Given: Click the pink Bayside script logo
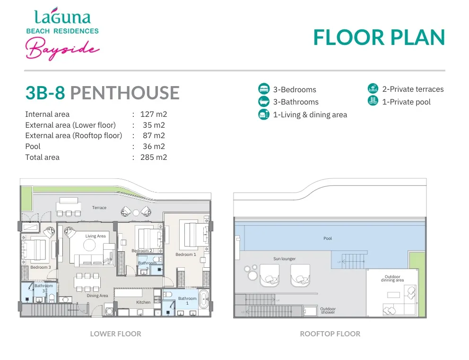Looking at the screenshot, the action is (62, 48).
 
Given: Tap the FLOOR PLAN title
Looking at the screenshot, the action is (379, 38).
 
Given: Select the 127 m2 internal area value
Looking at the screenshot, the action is (154, 114).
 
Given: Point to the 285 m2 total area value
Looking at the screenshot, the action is (154, 158).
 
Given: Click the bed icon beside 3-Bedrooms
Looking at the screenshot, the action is (264, 89).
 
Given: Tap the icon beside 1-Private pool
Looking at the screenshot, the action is (373, 101).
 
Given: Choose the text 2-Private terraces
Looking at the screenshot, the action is (413, 89).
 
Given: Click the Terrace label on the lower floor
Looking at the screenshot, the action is (99, 208).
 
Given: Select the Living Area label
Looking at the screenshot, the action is (96, 236).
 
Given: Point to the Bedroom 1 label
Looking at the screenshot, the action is (186, 255).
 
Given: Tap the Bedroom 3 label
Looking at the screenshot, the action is (41, 267).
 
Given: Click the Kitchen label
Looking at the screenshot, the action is (143, 302).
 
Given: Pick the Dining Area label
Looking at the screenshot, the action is (97, 296).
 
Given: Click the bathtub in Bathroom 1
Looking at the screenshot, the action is (204, 299).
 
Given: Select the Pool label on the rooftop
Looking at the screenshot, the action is (328, 238).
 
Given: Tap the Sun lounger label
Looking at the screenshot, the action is (285, 259).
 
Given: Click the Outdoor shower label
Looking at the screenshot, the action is (328, 311).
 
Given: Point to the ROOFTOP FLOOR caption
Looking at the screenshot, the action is (330, 334).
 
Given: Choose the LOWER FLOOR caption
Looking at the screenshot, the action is (116, 334).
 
